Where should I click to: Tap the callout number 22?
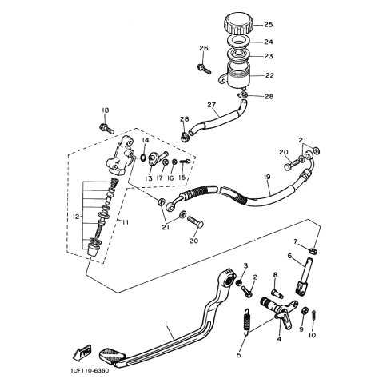(269, 75)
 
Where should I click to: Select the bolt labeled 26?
(205, 69)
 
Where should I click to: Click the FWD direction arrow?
(82, 353)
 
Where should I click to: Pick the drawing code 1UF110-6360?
(90, 371)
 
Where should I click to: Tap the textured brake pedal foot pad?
(112, 354)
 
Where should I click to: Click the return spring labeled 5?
(248, 321)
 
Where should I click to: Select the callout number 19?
(267, 177)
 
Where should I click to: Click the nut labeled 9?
(305, 311)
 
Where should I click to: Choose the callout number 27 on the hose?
(211, 105)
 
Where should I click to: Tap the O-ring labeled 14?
(143, 157)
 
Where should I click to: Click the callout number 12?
(77, 217)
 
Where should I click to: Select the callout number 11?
(125, 222)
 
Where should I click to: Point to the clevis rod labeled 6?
(305, 276)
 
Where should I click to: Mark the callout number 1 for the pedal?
(166, 323)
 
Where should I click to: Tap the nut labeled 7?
(313, 251)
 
